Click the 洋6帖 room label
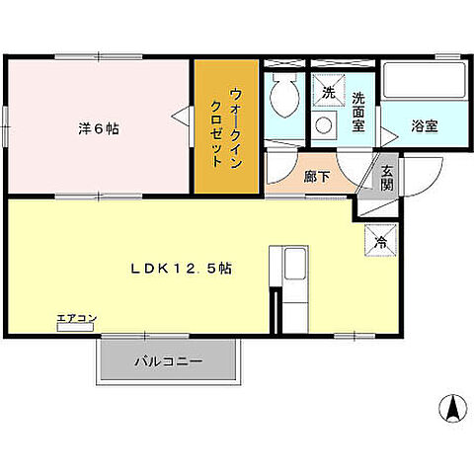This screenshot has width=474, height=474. coord(99,128)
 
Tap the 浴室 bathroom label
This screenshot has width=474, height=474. coord(426,126)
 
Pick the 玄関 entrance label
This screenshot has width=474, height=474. coord(386,177)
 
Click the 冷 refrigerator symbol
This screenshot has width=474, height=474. coord(380,238)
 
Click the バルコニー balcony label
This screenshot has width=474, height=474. coord(169,362)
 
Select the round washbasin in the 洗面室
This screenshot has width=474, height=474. coord(323,125)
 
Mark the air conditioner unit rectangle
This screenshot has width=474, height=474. coord(74,325)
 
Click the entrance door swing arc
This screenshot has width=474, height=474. coord(420,178)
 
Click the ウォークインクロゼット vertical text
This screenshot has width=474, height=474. coord(226,129)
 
